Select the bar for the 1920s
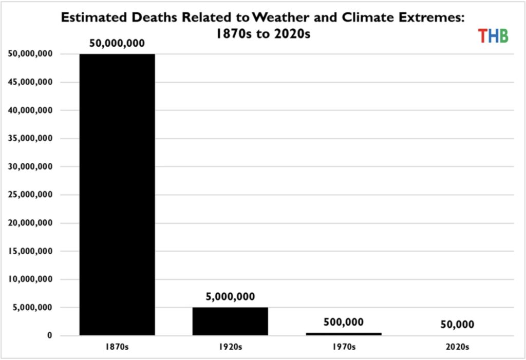pyautogui.click(x=230, y=321)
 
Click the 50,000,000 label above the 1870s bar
pyautogui.click(x=117, y=43)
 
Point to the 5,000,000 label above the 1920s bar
pyautogui.click(x=230, y=297)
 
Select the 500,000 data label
pyautogui.click(x=344, y=323)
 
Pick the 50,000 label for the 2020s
pyautogui.click(x=457, y=325)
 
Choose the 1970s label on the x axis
pyautogui.click(x=344, y=347)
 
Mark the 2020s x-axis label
pyautogui.click(x=457, y=347)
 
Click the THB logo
pyautogui.click(x=493, y=35)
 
